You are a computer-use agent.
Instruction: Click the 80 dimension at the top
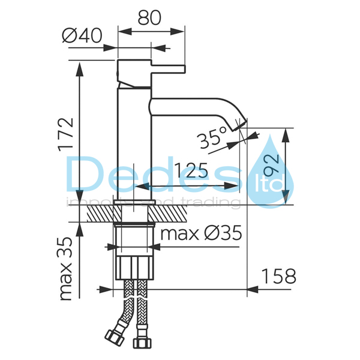coord(149,18)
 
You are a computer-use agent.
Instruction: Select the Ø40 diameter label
coord(82,36)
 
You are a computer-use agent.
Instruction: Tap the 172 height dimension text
coord(66,134)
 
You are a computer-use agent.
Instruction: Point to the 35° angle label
coord(212,138)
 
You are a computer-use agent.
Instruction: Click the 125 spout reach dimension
coord(191,170)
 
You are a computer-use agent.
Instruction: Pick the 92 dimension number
coord(271,164)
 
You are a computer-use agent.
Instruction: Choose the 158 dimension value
coord(279,276)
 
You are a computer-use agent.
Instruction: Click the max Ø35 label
coord(201,233)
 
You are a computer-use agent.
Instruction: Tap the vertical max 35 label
coord(66,269)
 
